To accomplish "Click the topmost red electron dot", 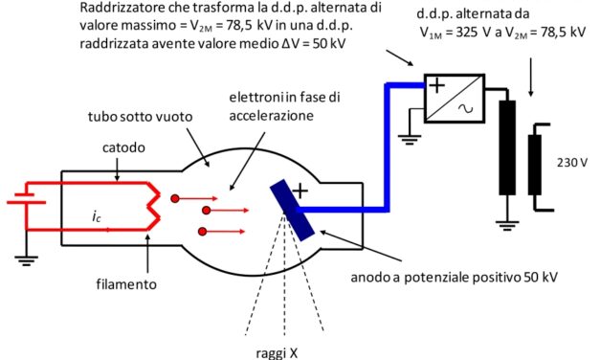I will tap(176, 198).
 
